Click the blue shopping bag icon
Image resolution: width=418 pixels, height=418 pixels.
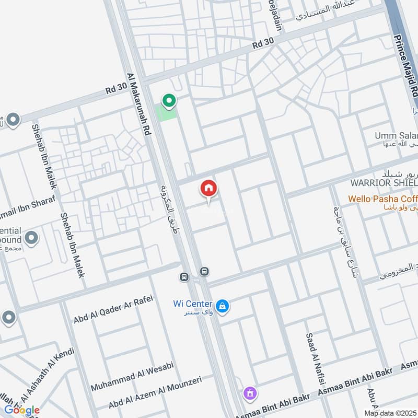[x=223, y=306]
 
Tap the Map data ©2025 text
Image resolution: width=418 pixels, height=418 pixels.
[x=390, y=413]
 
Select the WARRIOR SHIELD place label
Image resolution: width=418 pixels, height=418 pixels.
[x=384, y=183]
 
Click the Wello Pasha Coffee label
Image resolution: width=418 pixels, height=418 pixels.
[x=383, y=199]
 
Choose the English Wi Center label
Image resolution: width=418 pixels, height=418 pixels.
[x=192, y=304]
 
